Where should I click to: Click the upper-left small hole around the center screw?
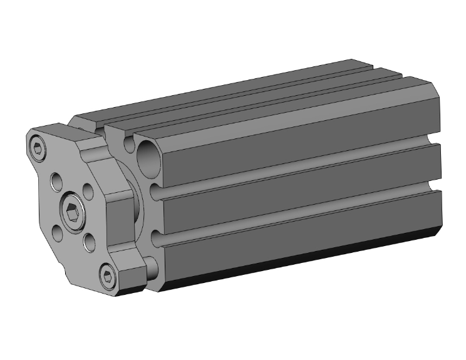point(56,180)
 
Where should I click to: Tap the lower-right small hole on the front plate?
point(88,240)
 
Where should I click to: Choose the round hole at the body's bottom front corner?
point(151,267)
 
